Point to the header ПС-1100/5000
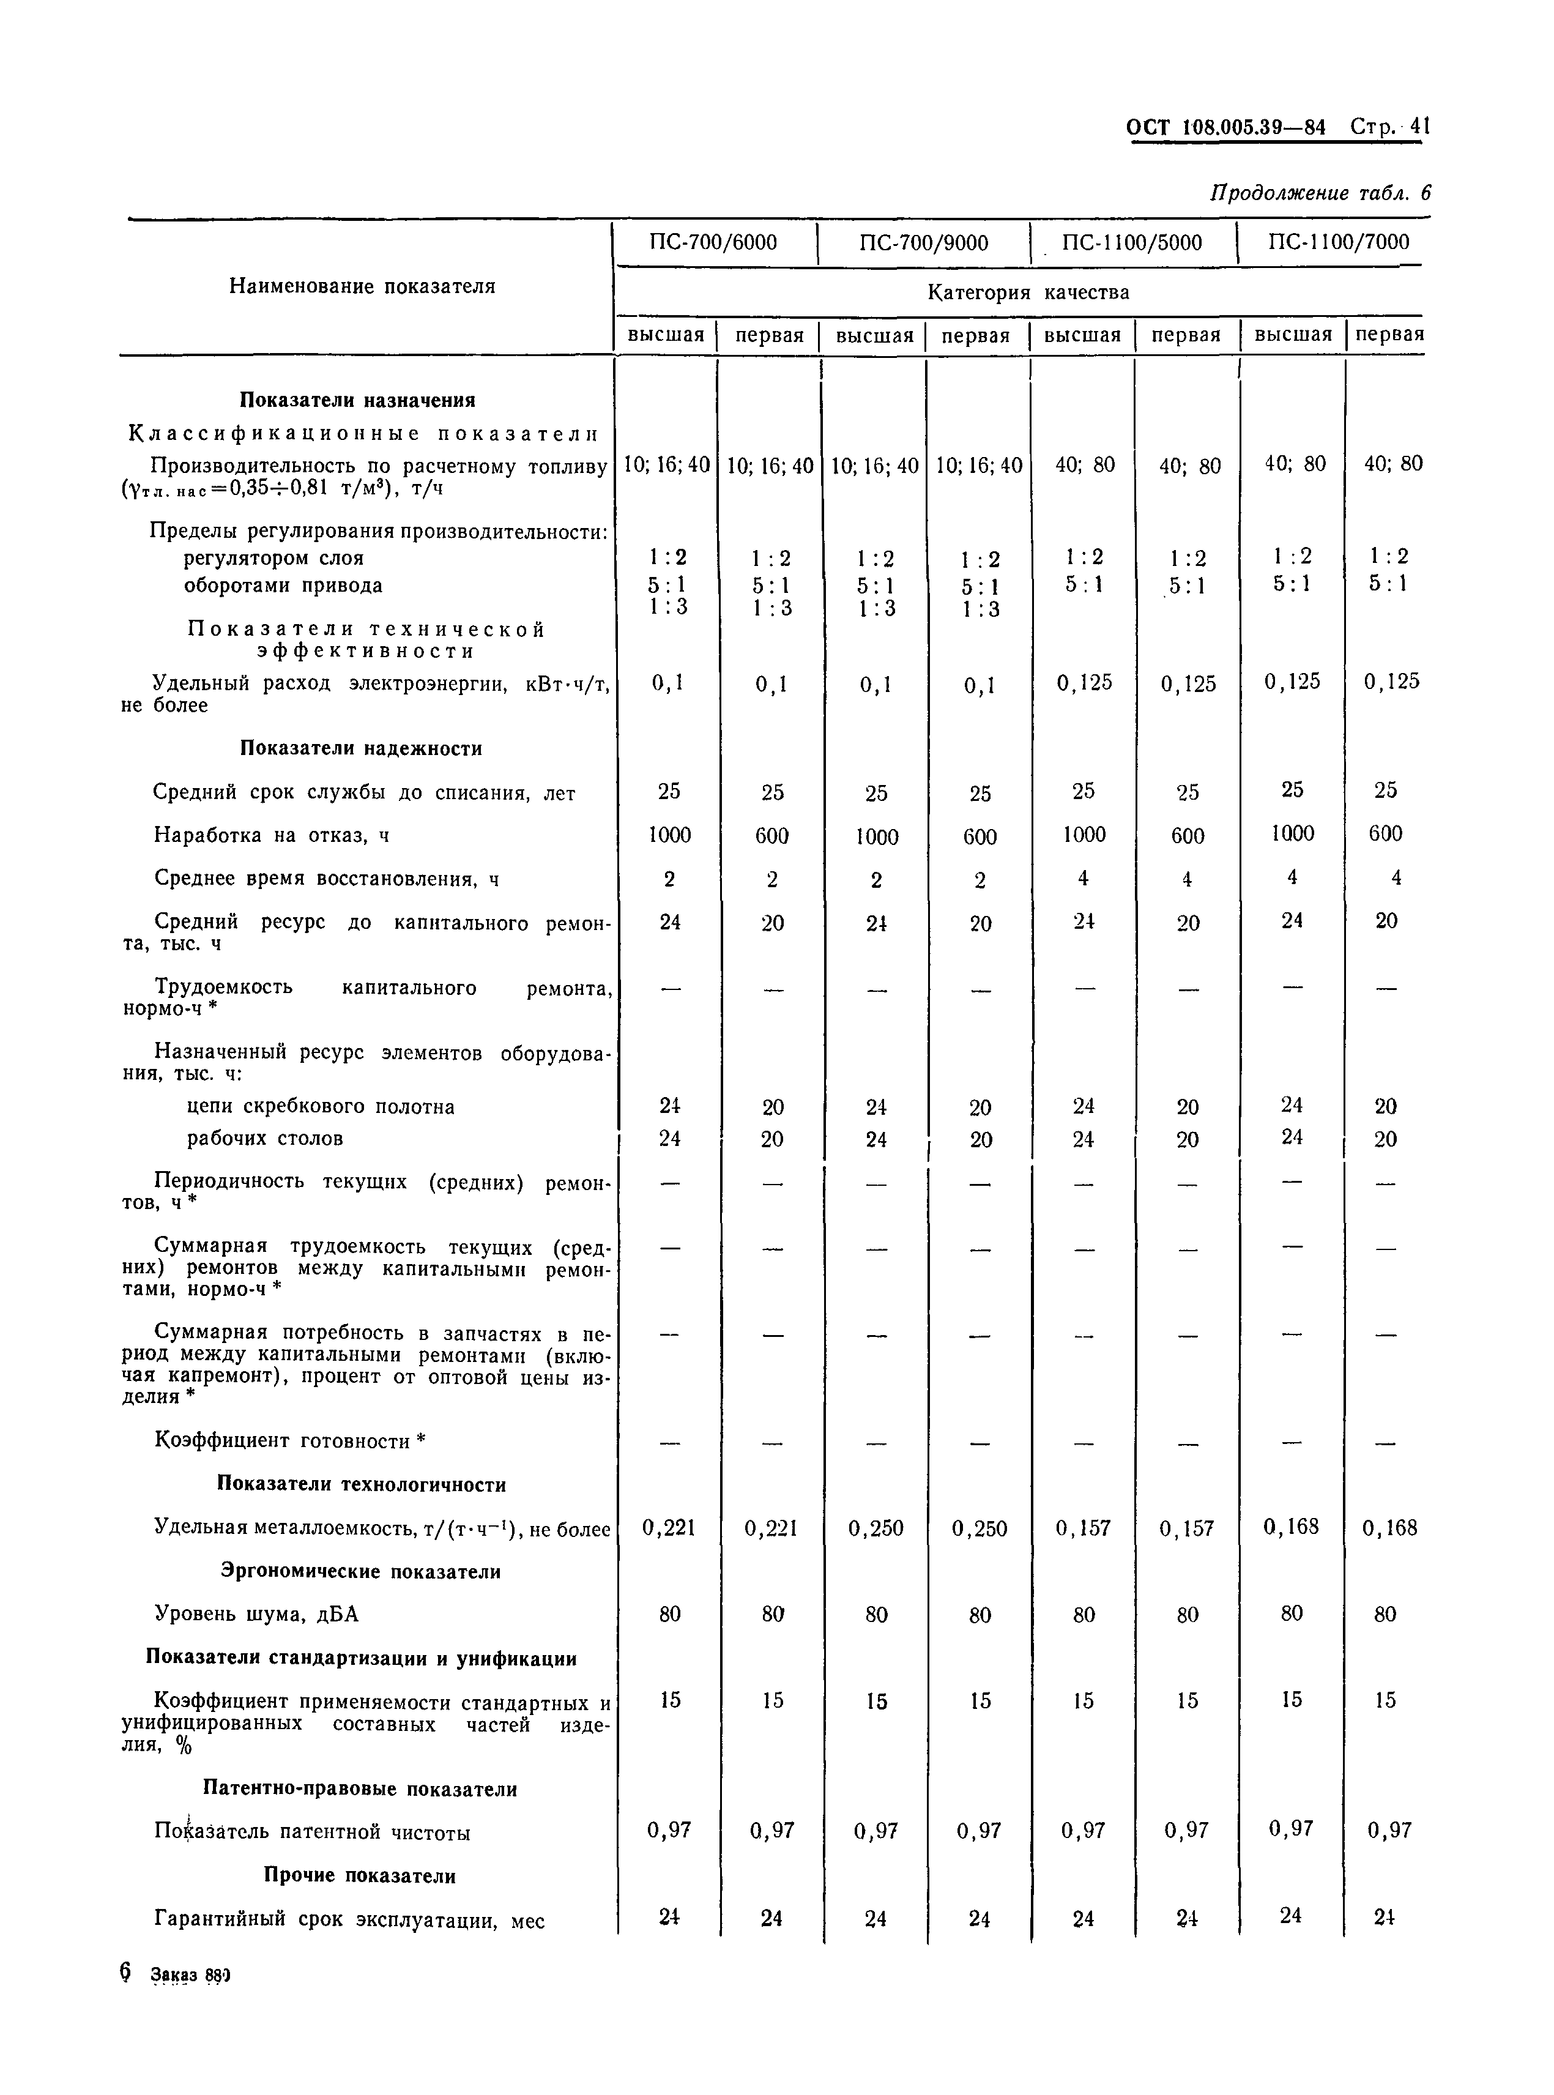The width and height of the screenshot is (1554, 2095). click(x=1132, y=243)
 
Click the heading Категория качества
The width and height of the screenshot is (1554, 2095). click(x=1028, y=292)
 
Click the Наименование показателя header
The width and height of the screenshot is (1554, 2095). click(x=362, y=286)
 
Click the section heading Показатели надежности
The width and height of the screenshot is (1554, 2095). click(x=360, y=749)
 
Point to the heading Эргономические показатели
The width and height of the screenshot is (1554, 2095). click(x=360, y=1571)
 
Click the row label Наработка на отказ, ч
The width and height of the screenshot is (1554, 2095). click(x=271, y=835)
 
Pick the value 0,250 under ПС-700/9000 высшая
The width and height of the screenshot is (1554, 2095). click(x=875, y=1528)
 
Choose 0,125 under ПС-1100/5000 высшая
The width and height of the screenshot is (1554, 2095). click(x=1084, y=682)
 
